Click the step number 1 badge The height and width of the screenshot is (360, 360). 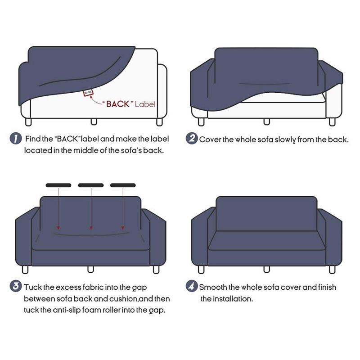(x=16, y=139)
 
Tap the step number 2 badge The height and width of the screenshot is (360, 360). (x=192, y=139)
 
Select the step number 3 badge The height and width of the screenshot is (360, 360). (x=16, y=286)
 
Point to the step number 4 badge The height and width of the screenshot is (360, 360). (x=192, y=286)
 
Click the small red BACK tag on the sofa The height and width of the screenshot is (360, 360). (x=88, y=93)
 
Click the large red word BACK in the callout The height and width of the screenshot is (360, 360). (x=118, y=104)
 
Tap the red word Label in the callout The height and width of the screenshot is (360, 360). (x=145, y=104)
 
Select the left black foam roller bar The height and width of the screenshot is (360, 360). (x=58, y=185)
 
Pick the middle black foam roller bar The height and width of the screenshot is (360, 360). (x=91, y=185)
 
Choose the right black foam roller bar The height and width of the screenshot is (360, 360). (x=123, y=185)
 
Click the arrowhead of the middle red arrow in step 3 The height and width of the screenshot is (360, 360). (x=91, y=228)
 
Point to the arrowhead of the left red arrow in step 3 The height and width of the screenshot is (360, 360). (x=58, y=228)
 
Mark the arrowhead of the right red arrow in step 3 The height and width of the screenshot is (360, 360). (x=123, y=228)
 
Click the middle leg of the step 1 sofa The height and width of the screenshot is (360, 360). (x=94, y=121)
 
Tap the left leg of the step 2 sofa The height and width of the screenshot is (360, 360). (x=201, y=122)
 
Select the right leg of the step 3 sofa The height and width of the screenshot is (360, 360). (x=156, y=270)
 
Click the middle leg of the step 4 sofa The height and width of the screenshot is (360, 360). (x=266, y=269)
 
